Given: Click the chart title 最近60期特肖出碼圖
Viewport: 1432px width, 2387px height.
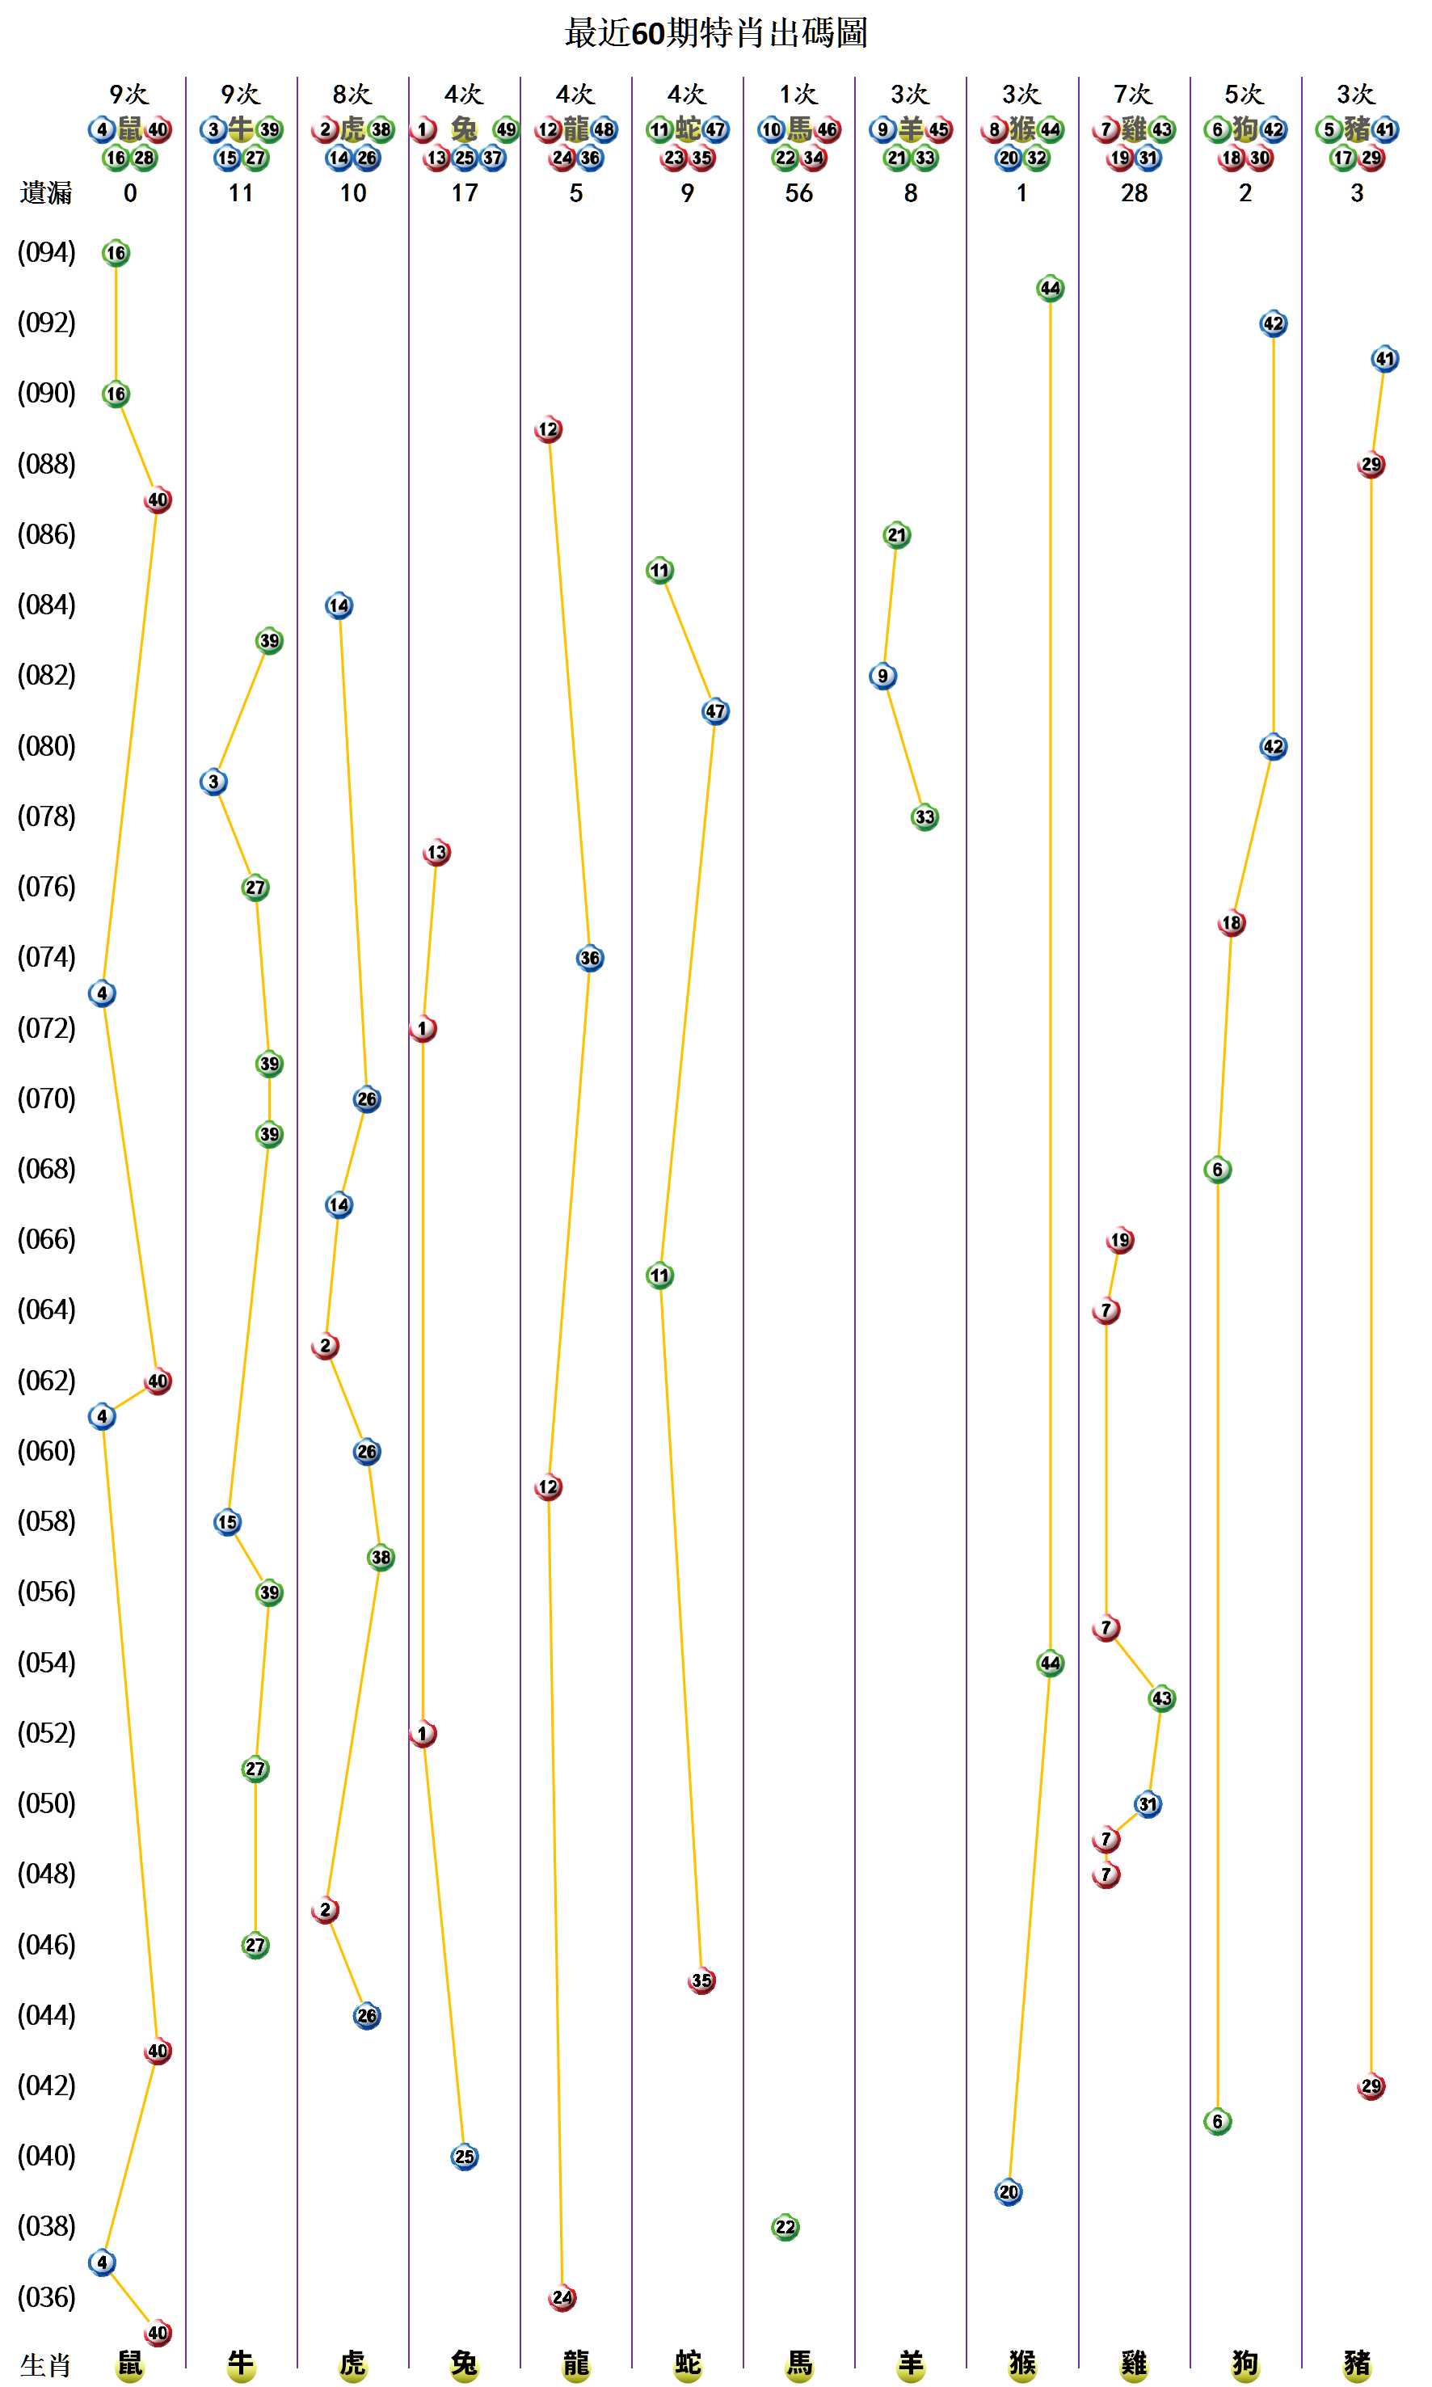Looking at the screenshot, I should click(x=715, y=33).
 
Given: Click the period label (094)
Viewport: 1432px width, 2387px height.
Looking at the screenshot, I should click(x=46, y=253).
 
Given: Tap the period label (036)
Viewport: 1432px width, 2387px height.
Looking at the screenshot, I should click(x=46, y=2297).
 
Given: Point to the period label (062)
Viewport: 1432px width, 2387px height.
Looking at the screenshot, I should click(x=46, y=1381).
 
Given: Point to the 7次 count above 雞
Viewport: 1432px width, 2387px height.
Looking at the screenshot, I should click(x=1133, y=94).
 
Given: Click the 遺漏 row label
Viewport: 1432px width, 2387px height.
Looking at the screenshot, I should click(x=46, y=193).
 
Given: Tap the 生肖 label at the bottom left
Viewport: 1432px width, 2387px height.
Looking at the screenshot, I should click(x=46, y=2365).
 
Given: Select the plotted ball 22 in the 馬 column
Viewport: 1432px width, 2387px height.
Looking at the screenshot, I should click(x=785, y=2227).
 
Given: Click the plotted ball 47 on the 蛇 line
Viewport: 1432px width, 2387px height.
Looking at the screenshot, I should click(x=715, y=711).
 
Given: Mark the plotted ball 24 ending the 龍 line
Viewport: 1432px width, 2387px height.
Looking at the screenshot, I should click(x=562, y=2297).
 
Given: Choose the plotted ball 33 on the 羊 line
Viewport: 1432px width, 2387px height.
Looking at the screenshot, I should click(x=924, y=816).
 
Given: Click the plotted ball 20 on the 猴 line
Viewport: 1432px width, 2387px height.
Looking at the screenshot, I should click(x=1009, y=2192).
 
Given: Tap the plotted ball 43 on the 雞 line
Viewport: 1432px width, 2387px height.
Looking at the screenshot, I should click(x=1162, y=1697).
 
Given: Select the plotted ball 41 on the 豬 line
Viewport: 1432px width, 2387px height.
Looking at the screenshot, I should click(x=1384, y=359).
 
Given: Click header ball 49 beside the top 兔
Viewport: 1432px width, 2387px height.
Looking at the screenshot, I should click(x=506, y=129).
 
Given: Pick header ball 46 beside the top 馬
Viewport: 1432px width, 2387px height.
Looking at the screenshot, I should click(x=827, y=129).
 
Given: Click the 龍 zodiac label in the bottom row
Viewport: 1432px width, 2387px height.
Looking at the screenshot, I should click(x=576, y=2363).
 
